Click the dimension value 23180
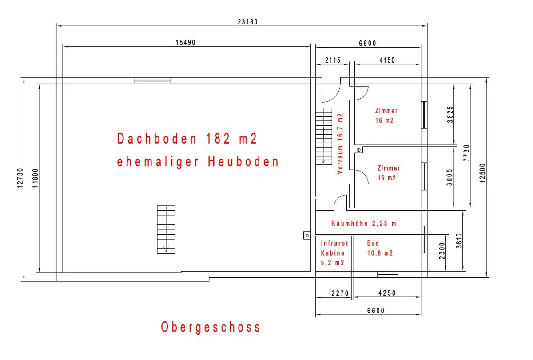coord(247,22)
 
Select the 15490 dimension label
coord(185,43)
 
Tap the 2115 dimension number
coord(333,60)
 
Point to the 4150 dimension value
coord(387,60)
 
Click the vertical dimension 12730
coord(20,178)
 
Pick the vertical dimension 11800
coord(35,178)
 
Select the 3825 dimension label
coord(450,115)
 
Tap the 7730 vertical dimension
coord(466,153)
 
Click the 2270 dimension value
coord(340,293)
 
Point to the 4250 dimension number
coord(387,293)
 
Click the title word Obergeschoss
coord(211,328)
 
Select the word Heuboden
coord(243,161)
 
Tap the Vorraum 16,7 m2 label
coord(340,144)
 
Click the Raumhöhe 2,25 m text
coord(364,223)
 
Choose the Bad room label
coord(373,244)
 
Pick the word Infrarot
coord(334,244)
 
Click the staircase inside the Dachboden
coord(166,229)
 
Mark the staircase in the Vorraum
coord(324,136)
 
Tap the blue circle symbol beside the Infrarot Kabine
coord(307,236)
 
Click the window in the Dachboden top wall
coord(152,80)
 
